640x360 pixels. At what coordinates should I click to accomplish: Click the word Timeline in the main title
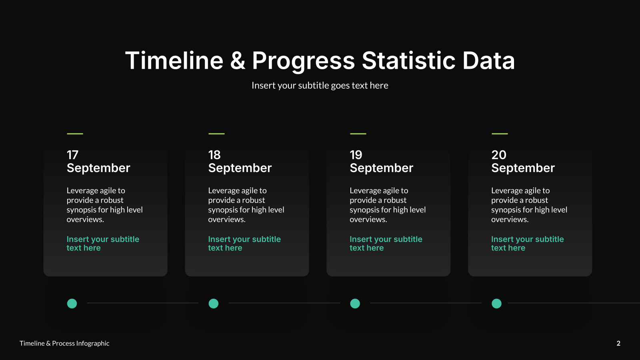pos(174,60)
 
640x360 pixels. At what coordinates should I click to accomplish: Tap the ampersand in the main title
pos(238,60)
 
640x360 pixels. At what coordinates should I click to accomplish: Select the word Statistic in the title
pos(408,60)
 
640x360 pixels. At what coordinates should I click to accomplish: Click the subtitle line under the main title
pos(320,86)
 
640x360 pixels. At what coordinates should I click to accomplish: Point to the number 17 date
pos(72,155)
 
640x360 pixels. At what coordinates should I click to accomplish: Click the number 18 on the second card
pos(214,155)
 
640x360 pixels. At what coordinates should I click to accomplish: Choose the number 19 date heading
pos(356,155)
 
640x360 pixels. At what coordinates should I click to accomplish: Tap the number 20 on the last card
pos(498,155)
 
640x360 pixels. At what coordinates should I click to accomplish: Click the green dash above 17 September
pos(75,134)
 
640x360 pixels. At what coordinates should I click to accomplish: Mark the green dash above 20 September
pos(500,134)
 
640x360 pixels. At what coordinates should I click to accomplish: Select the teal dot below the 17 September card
pos(72,304)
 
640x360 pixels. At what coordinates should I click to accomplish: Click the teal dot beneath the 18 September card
pos(214,304)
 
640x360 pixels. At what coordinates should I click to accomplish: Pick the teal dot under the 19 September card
pos(355,304)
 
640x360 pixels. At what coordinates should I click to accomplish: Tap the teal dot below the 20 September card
pos(496,304)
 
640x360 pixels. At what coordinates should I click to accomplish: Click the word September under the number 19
pos(382,168)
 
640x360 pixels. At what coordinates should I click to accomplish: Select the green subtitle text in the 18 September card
pos(244,244)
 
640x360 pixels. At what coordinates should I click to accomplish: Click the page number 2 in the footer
pos(618,343)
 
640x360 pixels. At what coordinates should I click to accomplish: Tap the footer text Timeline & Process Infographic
pos(64,343)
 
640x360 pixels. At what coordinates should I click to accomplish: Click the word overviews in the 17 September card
pos(85,220)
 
